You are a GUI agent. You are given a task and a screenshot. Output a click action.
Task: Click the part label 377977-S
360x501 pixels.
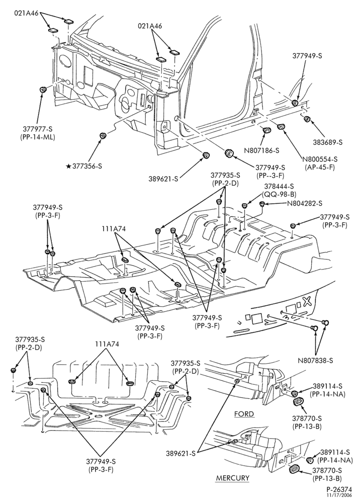coord(37,130)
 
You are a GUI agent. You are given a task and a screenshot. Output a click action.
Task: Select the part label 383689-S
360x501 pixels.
coord(327,142)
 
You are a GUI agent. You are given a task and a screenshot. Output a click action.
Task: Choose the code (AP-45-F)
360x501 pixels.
coord(320,167)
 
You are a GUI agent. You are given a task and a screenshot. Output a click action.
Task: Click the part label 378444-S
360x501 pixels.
coord(279,187)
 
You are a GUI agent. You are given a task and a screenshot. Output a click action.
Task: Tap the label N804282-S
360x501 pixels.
coord(304,203)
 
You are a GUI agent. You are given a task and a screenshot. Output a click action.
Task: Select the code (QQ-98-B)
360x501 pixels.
coord(279,194)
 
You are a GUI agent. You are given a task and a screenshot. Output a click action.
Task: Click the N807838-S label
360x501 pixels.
coord(316,361)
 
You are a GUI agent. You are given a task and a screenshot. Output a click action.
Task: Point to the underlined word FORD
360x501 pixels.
coord(244,414)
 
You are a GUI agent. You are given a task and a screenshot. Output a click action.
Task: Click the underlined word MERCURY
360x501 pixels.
coord(233,478)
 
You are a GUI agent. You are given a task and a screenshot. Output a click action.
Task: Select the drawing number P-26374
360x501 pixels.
coord(339,489)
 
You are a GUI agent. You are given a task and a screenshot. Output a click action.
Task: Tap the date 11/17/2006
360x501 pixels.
coord(339,495)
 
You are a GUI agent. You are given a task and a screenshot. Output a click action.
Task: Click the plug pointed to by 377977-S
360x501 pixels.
coord(42,90)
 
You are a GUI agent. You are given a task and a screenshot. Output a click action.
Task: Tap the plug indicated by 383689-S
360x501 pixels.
coord(307,120)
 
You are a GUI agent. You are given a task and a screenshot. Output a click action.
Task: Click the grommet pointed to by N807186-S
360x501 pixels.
coord(266,130)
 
